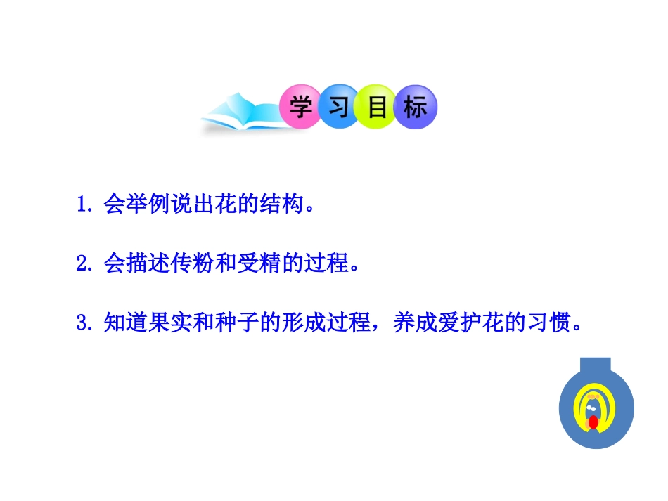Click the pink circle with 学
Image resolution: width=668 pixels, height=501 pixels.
pos(301,108)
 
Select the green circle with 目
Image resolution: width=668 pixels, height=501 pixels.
pos(377,108)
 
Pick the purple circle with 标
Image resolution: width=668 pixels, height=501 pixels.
pos(416,108)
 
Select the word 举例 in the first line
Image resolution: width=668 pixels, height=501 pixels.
pos(138,204)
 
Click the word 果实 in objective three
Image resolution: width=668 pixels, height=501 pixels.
pos(162,323)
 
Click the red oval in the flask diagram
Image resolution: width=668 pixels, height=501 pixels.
pos(593,423)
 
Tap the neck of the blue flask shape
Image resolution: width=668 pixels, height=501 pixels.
pos(596,367)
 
